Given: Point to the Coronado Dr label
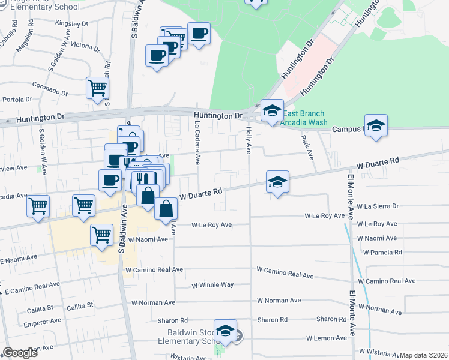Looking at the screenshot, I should (x=50, y=89).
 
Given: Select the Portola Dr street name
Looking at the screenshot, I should (x=17, y=100).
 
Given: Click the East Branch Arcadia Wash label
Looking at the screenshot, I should (x=304, y=118).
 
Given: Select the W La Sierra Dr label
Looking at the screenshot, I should (x=378, y=206).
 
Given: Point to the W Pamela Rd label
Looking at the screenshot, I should (x=382, y=252).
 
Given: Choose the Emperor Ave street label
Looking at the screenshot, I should (x=38, y=325).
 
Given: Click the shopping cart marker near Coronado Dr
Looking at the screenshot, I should (x=97, y=88).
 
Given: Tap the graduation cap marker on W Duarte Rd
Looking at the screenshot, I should (x=278, y=182).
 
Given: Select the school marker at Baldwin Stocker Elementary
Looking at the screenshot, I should (x=226, y=331).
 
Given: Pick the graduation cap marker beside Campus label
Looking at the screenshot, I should (x=376, y=125).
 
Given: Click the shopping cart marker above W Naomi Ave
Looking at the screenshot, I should (x=102, y=235).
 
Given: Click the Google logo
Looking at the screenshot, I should (x=20, y=353).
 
